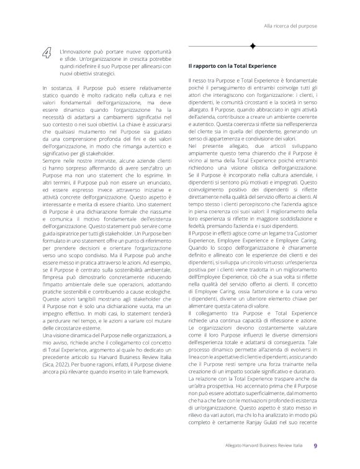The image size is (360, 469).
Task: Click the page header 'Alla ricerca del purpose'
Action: point(290,27)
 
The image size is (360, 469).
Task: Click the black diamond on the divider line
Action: point(253,46)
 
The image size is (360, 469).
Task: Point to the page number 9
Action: point(315,445)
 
